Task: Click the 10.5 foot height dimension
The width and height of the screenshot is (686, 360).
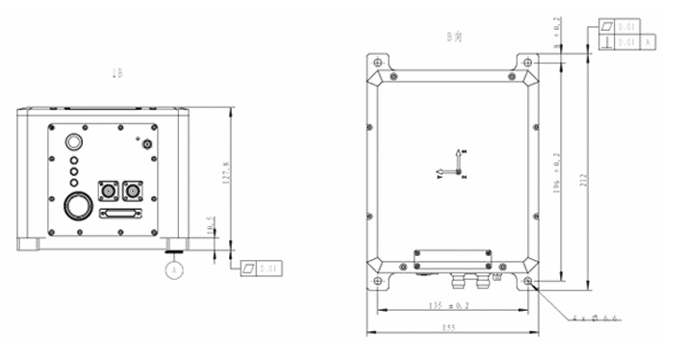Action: click(x=211, y=226)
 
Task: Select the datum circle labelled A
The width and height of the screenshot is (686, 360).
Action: click(x=174, y=270)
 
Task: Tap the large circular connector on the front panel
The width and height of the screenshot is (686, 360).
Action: click(x=76, y=206)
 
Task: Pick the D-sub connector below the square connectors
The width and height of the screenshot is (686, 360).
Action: click(x=120, y=215)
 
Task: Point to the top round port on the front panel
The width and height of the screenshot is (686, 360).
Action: click(x=73, y=141)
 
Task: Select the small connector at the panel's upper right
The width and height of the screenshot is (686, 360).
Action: click(x=147, y=144)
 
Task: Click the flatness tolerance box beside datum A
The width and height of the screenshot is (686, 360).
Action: click(x=260, y=269)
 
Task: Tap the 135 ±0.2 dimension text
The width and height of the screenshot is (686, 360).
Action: click(x=449, y=306)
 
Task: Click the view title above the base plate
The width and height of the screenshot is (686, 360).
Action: click(x=453, y=37)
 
